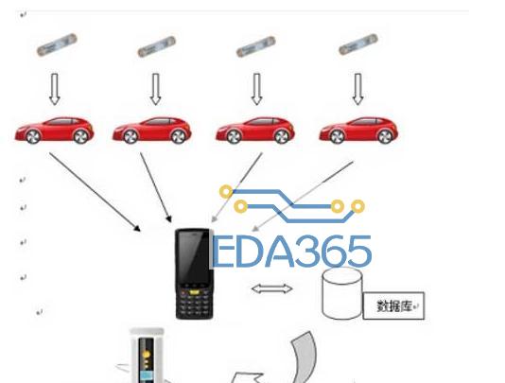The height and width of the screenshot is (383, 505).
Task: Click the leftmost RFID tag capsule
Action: (x=57, y=44)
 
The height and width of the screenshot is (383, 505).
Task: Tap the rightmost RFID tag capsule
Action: (x=358, y=44)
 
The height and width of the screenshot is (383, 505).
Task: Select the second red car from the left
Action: (x=151, y=130)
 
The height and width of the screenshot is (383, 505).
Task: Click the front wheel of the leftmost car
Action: (x=33, y=136)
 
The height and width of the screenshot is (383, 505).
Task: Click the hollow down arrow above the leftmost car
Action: (x=55, y=89)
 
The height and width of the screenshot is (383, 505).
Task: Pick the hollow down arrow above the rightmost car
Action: (x=357, y=89)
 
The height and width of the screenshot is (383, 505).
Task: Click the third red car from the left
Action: (x=255, y=130)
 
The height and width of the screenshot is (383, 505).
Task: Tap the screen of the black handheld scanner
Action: (x=194, y=256)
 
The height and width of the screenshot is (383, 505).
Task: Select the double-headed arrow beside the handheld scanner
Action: (x=271, y=288)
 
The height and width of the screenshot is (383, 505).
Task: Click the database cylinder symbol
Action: (x=342, y=293)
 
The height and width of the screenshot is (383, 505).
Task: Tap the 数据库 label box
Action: (x=393, y=305)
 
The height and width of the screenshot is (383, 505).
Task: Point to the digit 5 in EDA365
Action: (x=359, y=252)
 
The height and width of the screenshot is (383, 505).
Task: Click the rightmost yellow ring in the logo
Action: (x=357, y=206)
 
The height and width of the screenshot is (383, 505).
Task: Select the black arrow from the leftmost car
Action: (x=95, y=192)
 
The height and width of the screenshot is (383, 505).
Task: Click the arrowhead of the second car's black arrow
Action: (x=168, y=219)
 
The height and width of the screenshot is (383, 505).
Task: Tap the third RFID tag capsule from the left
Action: (x=256, y=46)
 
